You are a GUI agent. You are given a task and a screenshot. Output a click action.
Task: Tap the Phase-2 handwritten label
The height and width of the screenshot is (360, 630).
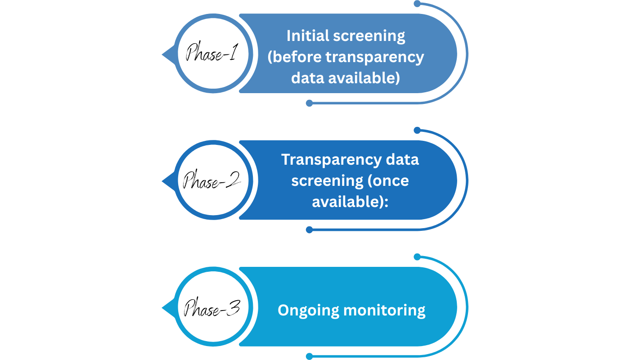click(211, 181)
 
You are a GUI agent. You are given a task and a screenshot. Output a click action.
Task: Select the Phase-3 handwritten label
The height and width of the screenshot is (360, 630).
click(211, 308)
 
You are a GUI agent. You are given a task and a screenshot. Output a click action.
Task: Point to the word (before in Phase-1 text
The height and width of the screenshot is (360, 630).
click(294, 57)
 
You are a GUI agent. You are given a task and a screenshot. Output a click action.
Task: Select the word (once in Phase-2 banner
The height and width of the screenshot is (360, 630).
click(388, 180)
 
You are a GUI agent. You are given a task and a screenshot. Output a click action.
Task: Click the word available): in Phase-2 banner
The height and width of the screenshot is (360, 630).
click(350, 202)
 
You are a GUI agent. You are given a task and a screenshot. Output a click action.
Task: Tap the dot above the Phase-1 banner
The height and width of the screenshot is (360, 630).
click(417, 4)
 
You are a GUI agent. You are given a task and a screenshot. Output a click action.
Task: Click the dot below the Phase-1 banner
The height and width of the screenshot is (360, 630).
click(309, 103)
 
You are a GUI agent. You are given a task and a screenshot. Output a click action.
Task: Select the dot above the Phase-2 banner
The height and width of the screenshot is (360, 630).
click(417, 130)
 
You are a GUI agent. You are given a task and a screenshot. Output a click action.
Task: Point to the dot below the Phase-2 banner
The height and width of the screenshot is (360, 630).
click(309, 230)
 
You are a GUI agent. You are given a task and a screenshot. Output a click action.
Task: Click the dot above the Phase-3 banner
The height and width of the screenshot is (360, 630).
click(417, 257)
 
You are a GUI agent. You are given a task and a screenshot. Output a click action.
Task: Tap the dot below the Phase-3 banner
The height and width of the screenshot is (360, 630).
click(309, 356)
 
